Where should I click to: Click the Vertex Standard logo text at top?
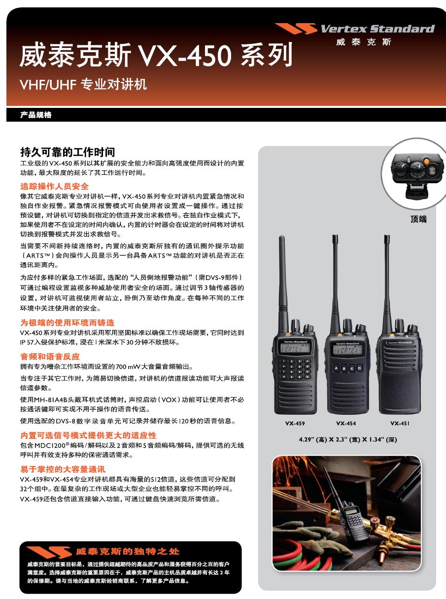377,29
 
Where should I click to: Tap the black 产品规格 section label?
35,115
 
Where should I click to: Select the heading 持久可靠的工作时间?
68,152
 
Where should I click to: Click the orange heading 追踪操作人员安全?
54,186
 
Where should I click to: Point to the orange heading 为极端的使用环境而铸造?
68,323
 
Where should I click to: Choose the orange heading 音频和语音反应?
50,357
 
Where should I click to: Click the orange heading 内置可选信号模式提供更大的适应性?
88,435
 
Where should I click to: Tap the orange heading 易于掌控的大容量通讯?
63,469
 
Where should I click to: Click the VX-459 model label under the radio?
295,423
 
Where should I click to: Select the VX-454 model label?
346,423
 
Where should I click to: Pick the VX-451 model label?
400,423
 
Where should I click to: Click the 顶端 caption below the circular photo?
418,219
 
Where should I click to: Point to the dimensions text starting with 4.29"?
348,439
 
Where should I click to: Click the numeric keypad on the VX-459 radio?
295,369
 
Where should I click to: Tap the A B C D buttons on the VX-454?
347,368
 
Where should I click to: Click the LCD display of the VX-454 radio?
347,350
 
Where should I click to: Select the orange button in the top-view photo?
427,161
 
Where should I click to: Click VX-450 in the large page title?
185,55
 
